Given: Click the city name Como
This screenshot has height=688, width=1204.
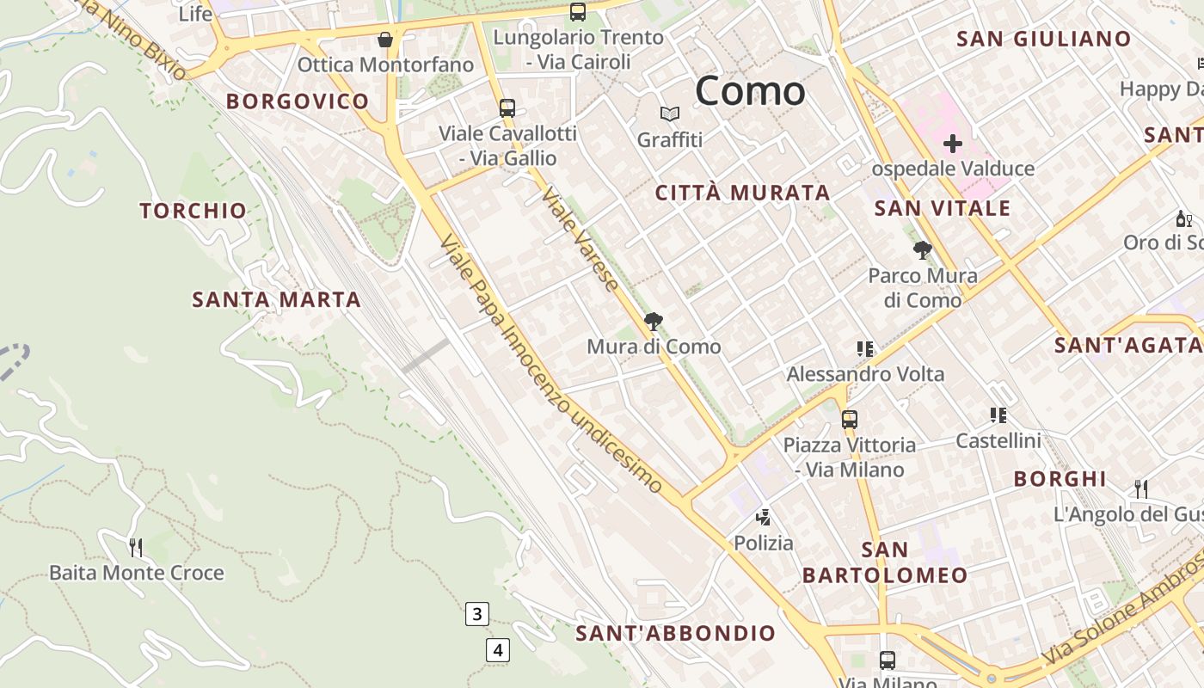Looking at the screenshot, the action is (750, 90).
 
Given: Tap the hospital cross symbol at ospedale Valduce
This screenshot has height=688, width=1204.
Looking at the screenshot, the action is (952, 144).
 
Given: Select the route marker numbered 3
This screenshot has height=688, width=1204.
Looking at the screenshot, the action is (476, 614).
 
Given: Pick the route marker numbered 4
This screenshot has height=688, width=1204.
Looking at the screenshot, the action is (497, 649).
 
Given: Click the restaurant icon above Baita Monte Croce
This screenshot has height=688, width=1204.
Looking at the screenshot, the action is (135, 547).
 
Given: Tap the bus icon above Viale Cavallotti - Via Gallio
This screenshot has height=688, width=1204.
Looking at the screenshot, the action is (507, 108).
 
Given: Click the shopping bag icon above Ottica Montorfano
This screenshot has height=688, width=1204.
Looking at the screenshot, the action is (385, 40).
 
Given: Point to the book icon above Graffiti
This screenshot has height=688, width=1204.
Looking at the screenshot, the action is (669, 114).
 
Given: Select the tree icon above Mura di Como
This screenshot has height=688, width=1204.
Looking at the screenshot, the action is (654, 322).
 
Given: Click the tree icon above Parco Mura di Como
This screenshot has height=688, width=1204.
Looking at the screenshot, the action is (923, 250).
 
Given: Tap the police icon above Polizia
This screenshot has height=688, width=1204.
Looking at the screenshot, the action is (763, 518).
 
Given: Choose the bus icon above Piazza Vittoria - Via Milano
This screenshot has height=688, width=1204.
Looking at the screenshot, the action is (849, 420).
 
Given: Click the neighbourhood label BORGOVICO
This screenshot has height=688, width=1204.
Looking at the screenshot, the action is (298, 101).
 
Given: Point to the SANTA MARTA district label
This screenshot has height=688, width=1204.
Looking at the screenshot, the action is (276, 300).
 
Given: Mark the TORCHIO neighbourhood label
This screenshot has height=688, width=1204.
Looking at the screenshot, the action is (193, 211).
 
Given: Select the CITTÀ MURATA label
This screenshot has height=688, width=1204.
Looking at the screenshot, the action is (742, 193).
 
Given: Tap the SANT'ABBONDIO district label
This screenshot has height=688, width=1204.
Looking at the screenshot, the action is (675, 634).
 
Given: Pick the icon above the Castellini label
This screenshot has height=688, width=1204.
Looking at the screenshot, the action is (998, 416).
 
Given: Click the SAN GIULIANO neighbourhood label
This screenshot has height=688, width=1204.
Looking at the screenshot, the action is (1043, 39).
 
